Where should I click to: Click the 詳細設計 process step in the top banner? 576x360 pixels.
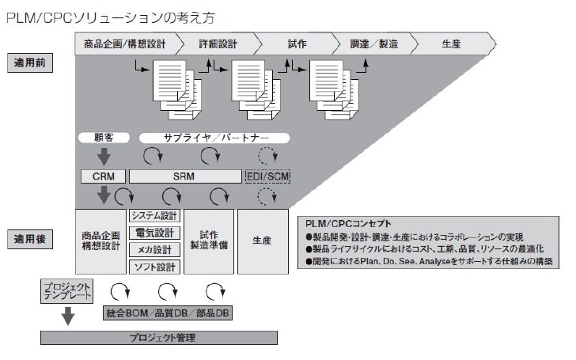click(x=218, y=44)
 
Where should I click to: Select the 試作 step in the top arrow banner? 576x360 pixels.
click(x=297, y=44)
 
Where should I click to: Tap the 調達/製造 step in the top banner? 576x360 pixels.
click(x=374, y=44)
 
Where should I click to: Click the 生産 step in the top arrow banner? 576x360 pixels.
click(x=452, y=44)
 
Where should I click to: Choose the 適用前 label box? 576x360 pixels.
click(x=30, y=63)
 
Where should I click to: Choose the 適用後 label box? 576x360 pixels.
click(x=30, y=239)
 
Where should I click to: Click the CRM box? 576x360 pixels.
click(x=103, y=176)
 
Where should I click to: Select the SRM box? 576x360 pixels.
click(x=185, y=176)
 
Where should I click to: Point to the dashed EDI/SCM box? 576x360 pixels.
click(x=267, y=176)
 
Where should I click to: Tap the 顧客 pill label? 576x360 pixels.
click(x=104, y=138)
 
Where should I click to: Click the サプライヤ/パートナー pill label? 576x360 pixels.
click(x=214, y=138)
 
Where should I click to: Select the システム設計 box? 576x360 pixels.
click(x=154, y=216)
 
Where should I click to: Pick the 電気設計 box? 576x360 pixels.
click(x=154, y=233)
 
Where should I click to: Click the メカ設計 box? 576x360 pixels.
click(x=154, y=250)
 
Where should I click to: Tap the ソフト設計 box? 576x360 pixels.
click(x=154, y=267)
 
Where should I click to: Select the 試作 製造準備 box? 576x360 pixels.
click(x=209, y=241)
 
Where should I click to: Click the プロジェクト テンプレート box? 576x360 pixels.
click(x=66, y=291)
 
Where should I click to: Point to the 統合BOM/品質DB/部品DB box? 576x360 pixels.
click(x=168, y=313)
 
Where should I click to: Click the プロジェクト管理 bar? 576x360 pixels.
click(x=159, y=338)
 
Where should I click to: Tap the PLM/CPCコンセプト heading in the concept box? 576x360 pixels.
click(x=348, y=224)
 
